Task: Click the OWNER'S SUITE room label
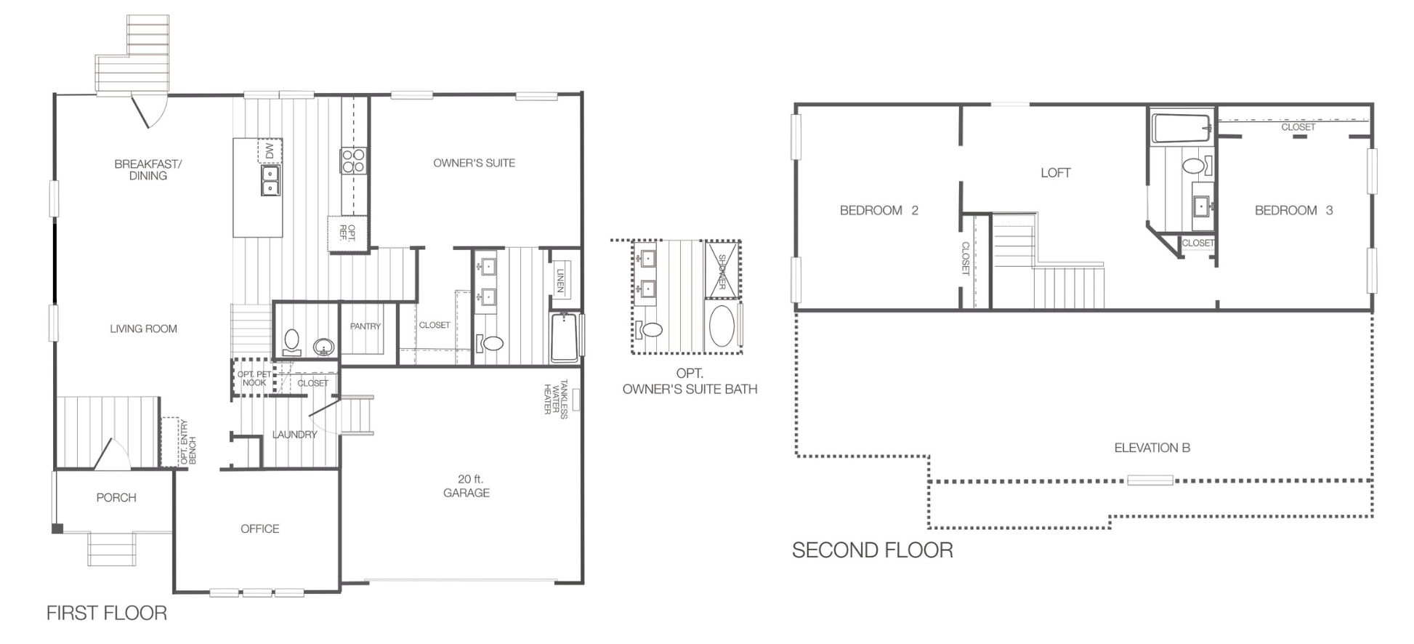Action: click(x=474, y=163)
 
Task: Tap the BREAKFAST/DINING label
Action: click(x=148, y=169)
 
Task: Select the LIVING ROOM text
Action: click(x=143, y=329)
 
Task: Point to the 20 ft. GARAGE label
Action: click(x=466, y=486)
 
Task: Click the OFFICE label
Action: click(x=260, y=528)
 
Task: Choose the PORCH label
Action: click(x=116, y=497)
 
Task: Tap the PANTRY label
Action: click(x=365, y=326)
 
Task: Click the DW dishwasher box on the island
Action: click(x=270, y=151)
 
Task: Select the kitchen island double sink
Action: click(x=270, y=180)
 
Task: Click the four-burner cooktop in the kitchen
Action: click(x=353, y=161)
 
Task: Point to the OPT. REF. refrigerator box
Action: click(x=347, y=233)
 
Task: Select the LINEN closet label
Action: click(x=560, y=281)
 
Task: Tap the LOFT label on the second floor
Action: click(x=1055, y=172)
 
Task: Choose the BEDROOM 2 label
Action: click(x=879, y=210)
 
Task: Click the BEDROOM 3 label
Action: click(x=1294, y=210)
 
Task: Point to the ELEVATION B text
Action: click(x=1152, y=448)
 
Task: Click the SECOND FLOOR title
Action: click(x=873, y=550)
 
